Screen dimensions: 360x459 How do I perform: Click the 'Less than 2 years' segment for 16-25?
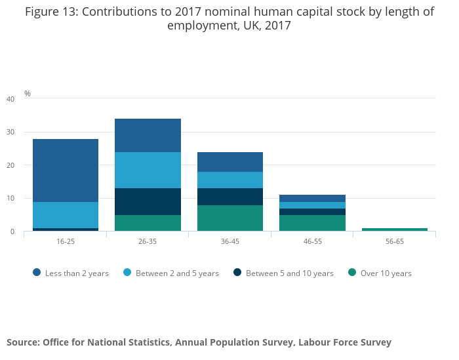pos(66,170)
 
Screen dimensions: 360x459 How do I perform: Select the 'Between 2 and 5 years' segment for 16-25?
pos(66,215)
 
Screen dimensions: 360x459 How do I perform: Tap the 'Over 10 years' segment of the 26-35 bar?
pos(148,223)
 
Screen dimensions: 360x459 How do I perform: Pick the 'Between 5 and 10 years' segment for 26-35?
pos(148,201)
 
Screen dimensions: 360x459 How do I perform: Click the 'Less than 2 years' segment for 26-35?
pos(148,135)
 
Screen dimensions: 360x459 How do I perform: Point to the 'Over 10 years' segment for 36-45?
pos(230,218)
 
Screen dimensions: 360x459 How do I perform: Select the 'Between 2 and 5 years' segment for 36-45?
pos(230,180)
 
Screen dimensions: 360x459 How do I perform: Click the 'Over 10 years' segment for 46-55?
pos(312,223)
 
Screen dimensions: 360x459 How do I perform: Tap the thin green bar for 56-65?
pos(395,230)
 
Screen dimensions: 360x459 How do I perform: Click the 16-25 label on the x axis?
pos(66,241)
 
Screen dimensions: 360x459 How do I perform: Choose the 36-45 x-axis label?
pos(230,241)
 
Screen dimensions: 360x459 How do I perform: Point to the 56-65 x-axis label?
pos(395,241)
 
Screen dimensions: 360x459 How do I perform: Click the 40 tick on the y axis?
pos(10,99)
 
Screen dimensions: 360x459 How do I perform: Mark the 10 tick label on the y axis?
pos(10,198)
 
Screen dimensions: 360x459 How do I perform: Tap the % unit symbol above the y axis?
pos(28,94)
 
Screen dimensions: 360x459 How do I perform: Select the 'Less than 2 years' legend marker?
pos(37,273)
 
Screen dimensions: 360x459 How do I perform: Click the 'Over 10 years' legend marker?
pos(352,273)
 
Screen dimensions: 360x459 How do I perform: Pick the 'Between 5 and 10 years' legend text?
pos(289,273)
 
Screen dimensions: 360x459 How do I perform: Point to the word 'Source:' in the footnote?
pos(22,342)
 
